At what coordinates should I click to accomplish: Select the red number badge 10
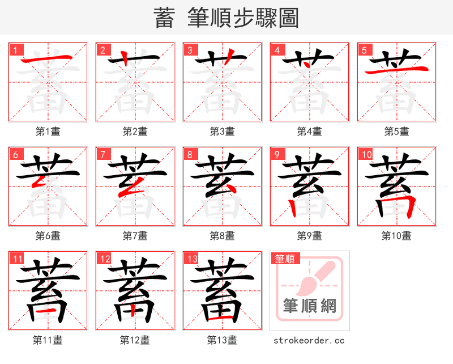point(366,154)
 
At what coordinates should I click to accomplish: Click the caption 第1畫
point(48,132)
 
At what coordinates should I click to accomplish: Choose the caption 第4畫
point(310,132)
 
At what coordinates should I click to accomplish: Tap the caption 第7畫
point(135,235)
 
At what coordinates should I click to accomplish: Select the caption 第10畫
point(396,235)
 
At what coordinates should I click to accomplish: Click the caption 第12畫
point(135,340)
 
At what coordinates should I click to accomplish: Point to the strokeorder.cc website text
point(309,340)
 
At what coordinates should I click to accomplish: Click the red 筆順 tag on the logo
point(284,259)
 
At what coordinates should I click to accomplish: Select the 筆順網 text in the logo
point(310,306)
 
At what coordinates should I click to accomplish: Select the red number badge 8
point(190,154)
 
